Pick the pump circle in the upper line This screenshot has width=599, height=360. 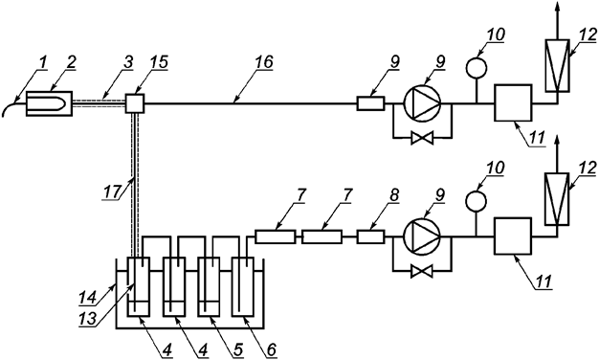pos(417,102)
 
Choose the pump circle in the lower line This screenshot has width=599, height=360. pos(417,236)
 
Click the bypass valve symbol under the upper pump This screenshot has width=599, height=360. pos(418,139)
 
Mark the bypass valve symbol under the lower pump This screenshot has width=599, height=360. pos(418,272)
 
